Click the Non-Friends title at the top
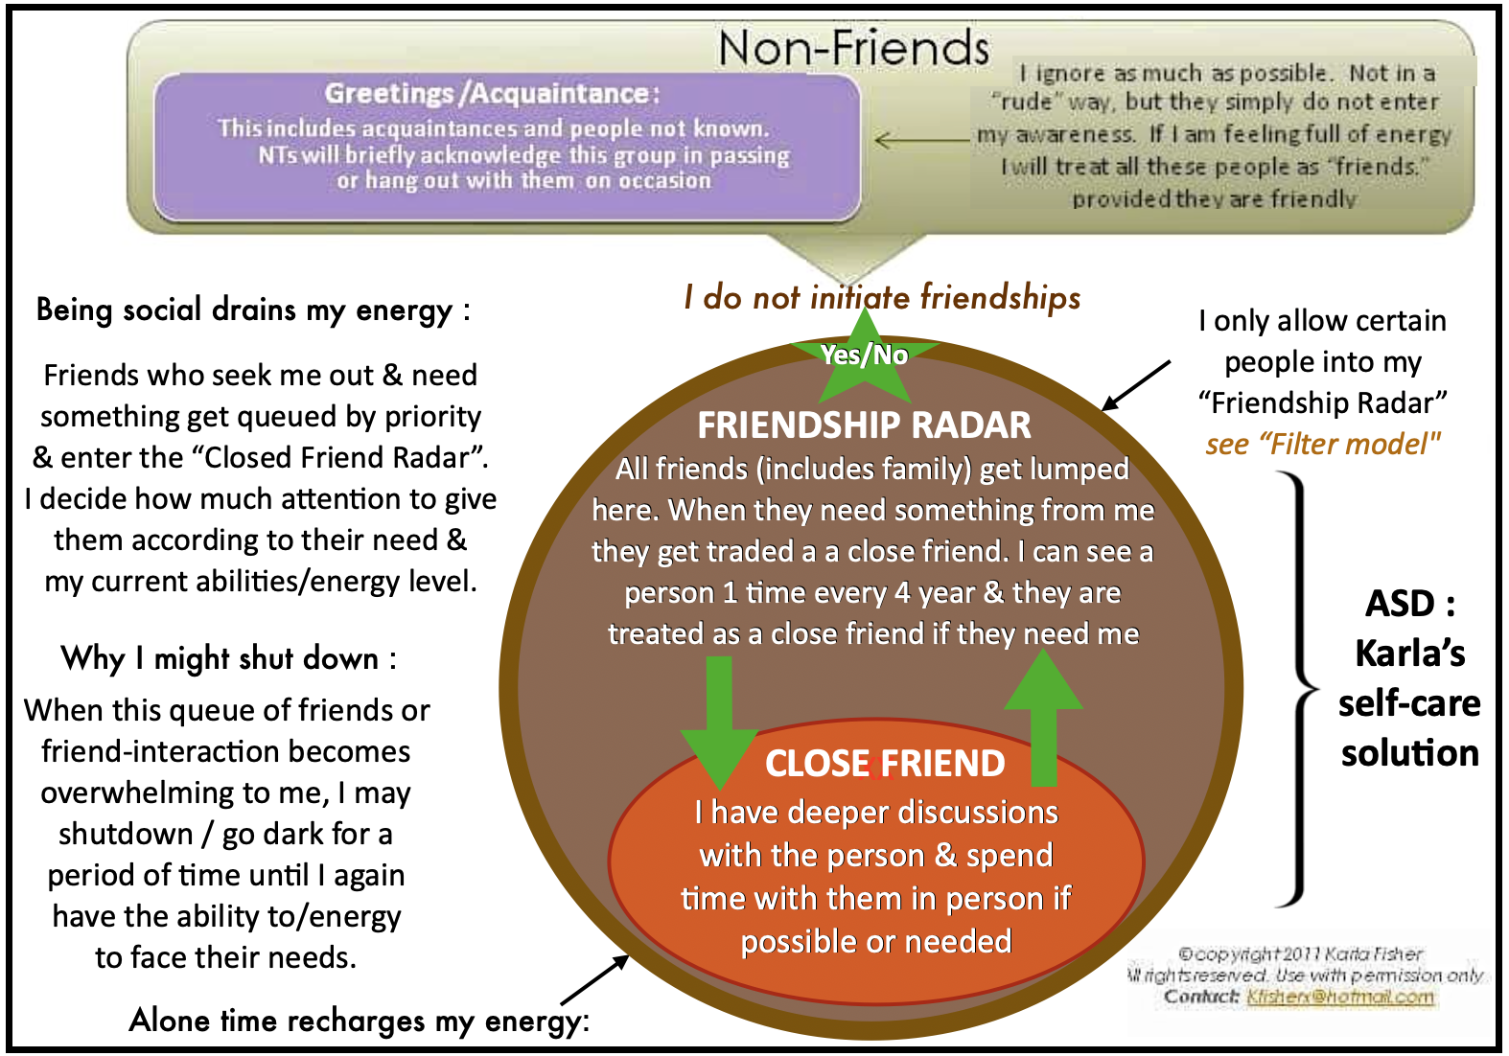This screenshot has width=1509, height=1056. click(x=853, y=48)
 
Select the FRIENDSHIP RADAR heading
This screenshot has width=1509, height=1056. click(x=864, y=425)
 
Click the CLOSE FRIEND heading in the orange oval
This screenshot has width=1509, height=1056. click(x=885, y=764)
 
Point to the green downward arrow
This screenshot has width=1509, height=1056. click(x=718, y=719)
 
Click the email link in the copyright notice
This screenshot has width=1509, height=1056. click(x=1339, y=997)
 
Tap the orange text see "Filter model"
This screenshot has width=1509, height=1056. click(x=1323, y=445)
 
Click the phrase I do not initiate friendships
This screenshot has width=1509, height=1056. click(x=882, y=298)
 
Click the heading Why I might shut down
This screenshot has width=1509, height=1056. click(x=228, y=658)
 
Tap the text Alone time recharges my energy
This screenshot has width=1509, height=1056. click(x=359, y=1021)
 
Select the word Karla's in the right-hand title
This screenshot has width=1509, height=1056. click(x=1409, y=654)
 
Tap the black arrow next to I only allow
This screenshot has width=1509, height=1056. click(x=1136, y=385)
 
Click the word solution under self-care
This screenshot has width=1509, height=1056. click(x=1409, y=753)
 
